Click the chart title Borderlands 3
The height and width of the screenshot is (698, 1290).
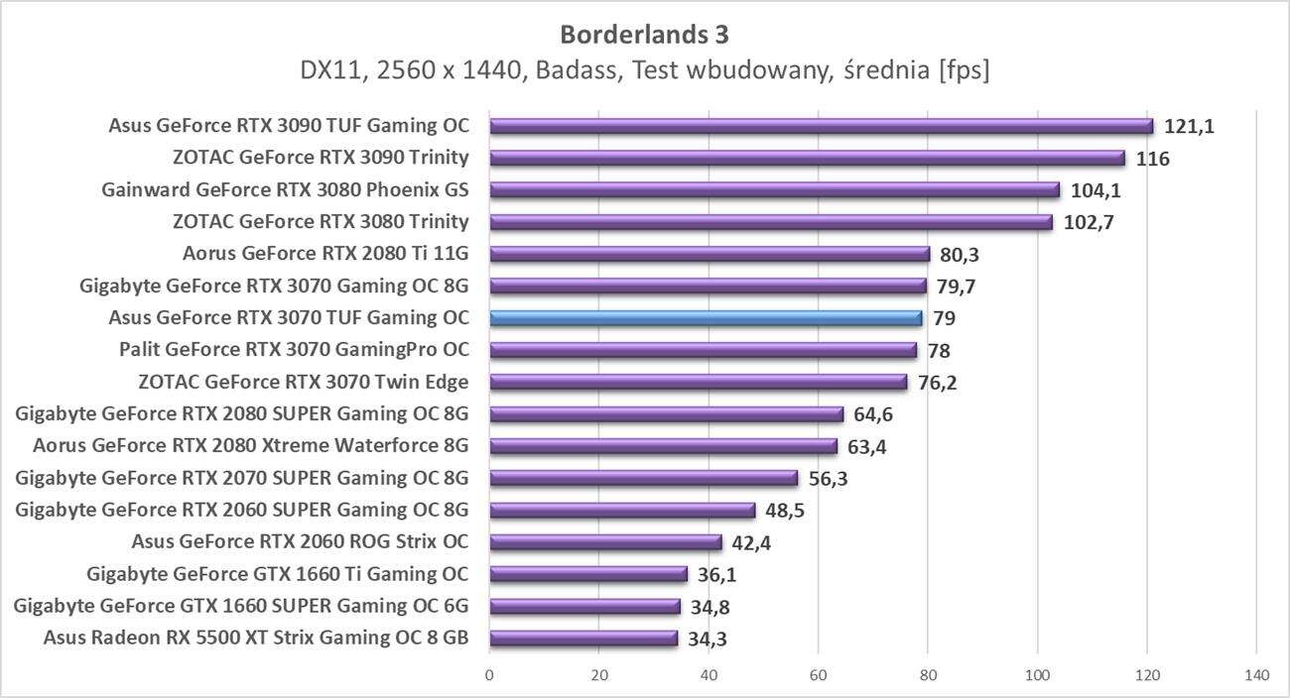tap(644, 35)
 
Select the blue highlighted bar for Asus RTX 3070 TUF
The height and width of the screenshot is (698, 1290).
tap(706, 318)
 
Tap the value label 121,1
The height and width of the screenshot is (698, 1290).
tap(1190, 127)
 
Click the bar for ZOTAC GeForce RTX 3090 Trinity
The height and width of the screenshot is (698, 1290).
tap(807, 159)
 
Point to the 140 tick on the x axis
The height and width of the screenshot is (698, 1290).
tap(1256, 675)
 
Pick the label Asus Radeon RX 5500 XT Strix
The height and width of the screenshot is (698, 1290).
tap(256, 638)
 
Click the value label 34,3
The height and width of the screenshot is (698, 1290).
tap(708, 639)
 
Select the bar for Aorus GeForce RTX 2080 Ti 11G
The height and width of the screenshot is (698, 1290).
tap(709, 254)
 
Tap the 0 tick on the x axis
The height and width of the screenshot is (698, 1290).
tap(489, 675)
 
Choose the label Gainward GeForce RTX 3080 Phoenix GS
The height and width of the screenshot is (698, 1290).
tap(285, 190)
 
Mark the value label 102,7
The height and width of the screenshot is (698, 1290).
tap(1089, 223)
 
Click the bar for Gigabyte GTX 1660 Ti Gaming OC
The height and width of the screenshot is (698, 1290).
tap(588, 574)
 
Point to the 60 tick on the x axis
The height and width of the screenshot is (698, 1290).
tap(818, 675)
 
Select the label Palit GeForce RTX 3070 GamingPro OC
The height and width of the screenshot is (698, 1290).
tap(294, 350)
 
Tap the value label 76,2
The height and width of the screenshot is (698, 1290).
tap(938, 383)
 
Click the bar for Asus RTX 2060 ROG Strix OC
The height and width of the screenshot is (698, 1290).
tap(605, 542)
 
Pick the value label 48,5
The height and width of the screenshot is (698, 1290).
tap(785, 511)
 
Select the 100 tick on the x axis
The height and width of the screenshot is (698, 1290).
tap(1037, 675)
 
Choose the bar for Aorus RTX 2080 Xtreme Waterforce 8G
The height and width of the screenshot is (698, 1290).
tap(663, 446)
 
